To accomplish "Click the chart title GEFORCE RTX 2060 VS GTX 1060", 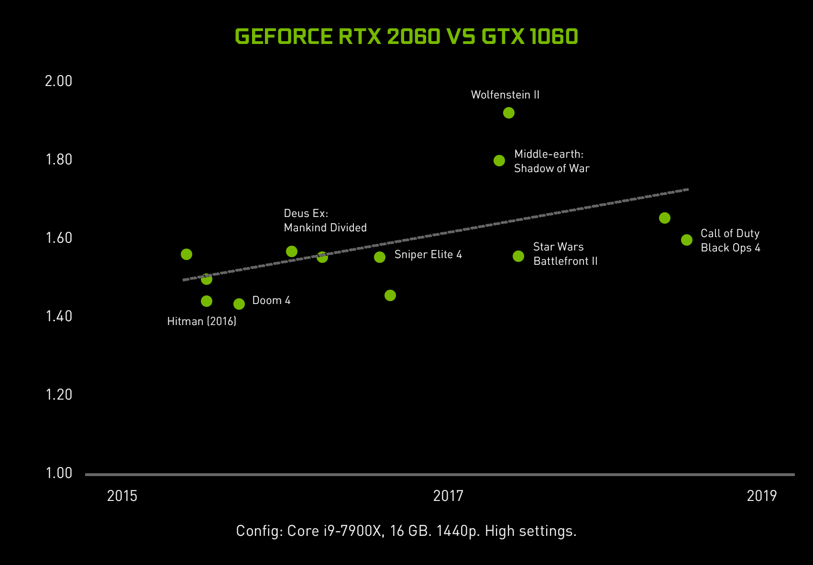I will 406,37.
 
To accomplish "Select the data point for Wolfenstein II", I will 509,113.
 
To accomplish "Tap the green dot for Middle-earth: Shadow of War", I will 499,161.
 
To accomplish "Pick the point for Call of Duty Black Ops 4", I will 687,240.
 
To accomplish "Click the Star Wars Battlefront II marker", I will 518,256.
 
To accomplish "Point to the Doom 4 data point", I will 239,304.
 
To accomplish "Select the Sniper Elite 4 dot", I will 380,257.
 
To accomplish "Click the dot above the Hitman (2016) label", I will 207,301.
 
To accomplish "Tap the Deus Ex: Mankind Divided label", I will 325,220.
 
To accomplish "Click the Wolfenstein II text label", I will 505,95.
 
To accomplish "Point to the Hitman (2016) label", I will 202,321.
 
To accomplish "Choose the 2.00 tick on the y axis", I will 58,81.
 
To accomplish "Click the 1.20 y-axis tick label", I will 58,395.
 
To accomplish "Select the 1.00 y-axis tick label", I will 58,473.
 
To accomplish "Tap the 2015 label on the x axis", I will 122,496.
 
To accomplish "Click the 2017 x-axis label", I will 448,496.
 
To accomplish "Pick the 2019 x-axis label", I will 762,496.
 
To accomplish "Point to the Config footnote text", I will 406,531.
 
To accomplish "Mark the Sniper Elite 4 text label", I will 428,254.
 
